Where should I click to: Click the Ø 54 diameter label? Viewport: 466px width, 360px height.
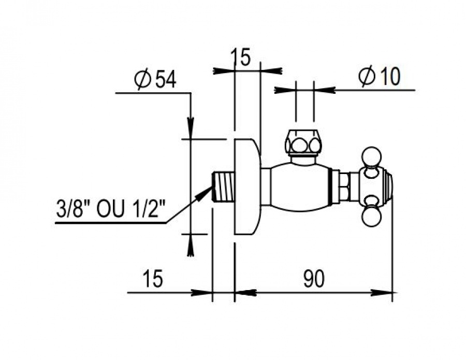pos(155,79)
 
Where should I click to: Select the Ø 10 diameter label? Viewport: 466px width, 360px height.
pos(380,76)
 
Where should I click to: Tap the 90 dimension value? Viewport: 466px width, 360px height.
pos(314,279)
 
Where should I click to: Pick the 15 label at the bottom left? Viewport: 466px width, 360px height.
pos(153,279)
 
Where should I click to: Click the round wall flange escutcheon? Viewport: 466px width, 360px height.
pos(247,186)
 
